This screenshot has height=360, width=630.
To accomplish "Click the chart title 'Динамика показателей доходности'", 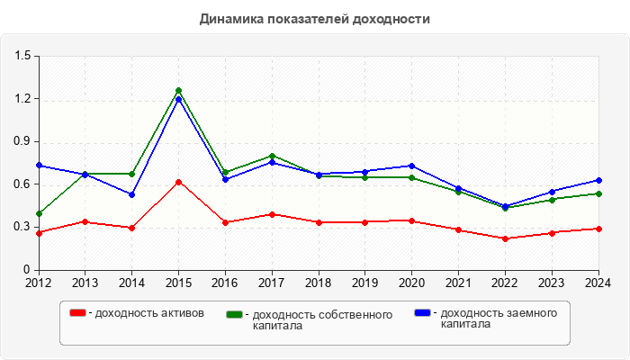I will coord(315,19).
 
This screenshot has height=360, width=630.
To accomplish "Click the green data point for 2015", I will coord(178,91).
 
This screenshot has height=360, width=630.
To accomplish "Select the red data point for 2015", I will coord(178,182).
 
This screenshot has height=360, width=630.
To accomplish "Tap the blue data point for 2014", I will coord(131,194).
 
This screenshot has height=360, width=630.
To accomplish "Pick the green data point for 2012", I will coord(39,213).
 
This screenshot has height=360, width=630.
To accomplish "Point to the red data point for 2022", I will coord(505,238).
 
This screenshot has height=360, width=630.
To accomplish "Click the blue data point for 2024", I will coord(598,180).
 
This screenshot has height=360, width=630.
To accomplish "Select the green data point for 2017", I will coord(272,156).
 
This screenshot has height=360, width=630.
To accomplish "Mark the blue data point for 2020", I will coord(411,166).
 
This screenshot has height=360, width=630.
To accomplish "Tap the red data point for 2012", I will coord(39,233).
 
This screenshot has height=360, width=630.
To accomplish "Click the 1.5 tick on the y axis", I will coord(22,57).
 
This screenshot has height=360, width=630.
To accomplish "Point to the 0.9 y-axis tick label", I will coord(22,142).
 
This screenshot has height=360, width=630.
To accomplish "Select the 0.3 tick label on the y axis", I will coord(22,227).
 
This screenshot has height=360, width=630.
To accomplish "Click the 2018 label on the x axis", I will coord(319,283).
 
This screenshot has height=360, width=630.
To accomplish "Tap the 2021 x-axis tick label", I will coord(458,283).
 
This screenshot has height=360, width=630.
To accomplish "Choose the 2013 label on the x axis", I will coord(85,283).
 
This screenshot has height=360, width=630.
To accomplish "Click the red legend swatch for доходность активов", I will coord(78,312).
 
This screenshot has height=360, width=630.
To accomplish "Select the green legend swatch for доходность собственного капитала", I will coord(235,315).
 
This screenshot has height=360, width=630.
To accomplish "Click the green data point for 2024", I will coord(598,193).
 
